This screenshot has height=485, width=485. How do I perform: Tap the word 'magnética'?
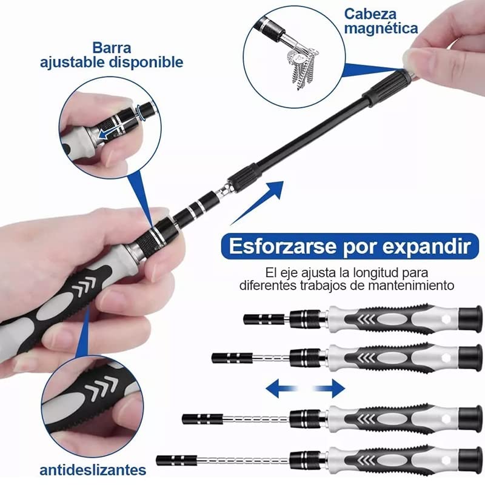(381, 28)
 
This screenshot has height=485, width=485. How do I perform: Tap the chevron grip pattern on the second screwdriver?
(370, 358)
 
